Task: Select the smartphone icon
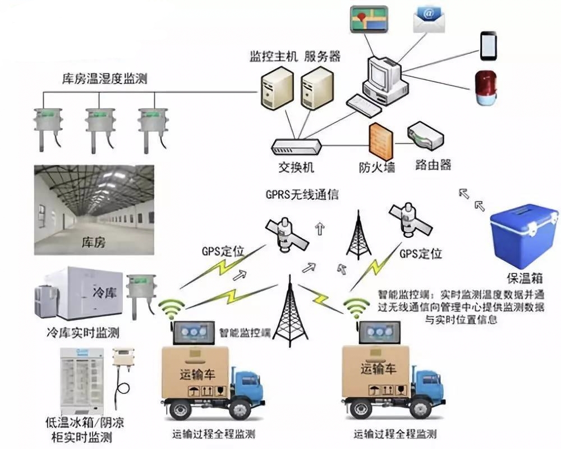(488, 46)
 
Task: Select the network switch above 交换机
(296, 147)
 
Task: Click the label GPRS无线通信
(302, 194)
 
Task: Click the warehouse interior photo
(94, 210)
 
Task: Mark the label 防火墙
(376, 167)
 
